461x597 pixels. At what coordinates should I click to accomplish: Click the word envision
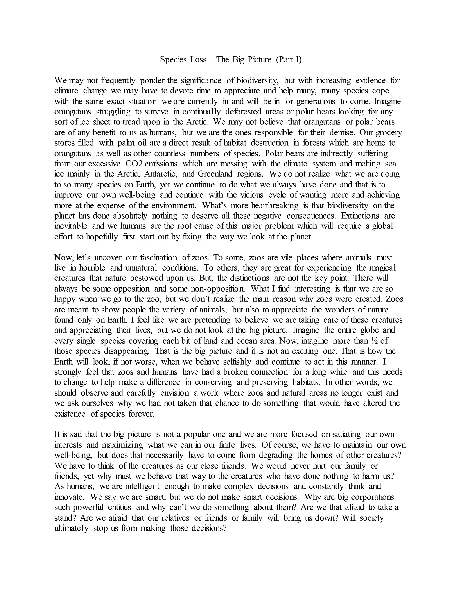coord(174,393)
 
